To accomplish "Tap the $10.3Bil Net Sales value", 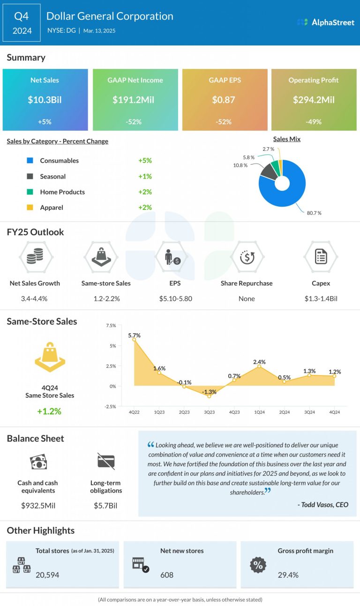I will (x=45, y=100).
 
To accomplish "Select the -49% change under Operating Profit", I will (x=314, y=121).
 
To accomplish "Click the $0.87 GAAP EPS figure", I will (x=225, y=100).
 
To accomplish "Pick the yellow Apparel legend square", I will (x=30, y=207).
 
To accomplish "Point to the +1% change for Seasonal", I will (x=145, y=176).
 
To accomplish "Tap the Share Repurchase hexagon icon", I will (x=247, y=257).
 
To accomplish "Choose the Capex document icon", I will (x=321, y=257).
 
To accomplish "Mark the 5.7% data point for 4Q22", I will (x=134, y=339).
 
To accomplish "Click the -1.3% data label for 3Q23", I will (x=209, y=392).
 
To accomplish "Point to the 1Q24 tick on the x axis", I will (x=259, y=412).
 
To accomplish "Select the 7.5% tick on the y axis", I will (x=111, y=325).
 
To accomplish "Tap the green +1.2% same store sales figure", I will (x=50, y=411).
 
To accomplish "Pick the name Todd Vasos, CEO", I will (x=323, y=504).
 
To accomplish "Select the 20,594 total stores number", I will (x=47, y=575).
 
